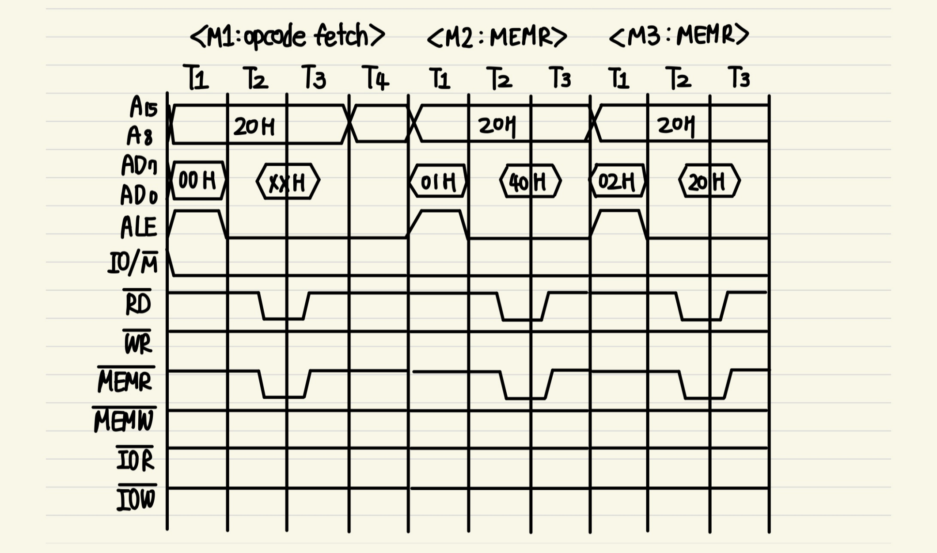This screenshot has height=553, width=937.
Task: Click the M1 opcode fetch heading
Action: (x=287, y=36)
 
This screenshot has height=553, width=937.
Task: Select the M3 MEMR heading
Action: (x=679, y=35)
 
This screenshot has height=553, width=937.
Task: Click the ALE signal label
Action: (x=138, y=227)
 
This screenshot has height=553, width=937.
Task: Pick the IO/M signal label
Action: (x=133, y=264)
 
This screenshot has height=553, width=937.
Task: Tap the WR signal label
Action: (x=138, y=343)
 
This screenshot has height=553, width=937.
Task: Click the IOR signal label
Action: (x=135, y=459)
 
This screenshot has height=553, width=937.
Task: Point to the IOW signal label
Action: (x=136, y=499)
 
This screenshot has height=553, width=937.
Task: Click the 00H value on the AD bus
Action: (x=197, y=181)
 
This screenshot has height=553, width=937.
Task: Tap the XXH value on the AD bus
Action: (x=288, y=182)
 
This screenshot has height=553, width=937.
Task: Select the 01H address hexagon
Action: (x=438, y=181)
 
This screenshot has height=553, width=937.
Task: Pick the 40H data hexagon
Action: (x=530, y=181)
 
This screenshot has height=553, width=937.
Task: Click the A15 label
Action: (x=143, y=107)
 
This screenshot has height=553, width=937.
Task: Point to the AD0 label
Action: (x=138, y=195)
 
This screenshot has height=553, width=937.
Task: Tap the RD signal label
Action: (x=138, y=304)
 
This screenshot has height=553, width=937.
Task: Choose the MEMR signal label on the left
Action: (x=125, y=381)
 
